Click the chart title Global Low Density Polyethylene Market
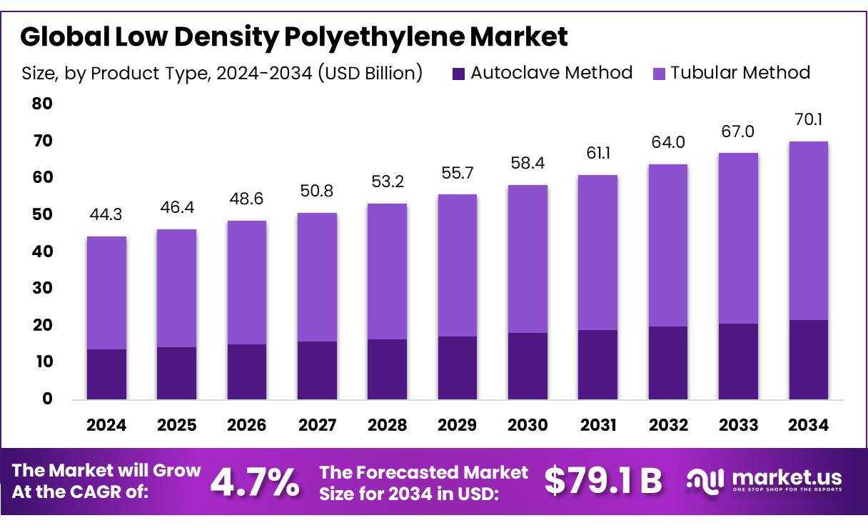pos(293,36)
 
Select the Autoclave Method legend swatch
pos(459,73)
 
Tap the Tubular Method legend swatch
pos(659,73)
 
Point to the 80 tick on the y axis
pos(42,104)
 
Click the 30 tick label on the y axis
pos(42,289)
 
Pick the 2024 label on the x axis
pos(106,426)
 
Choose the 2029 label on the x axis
pos(458,426)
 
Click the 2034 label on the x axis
pos(809,426)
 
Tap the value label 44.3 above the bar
pos(106,214)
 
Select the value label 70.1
pos(809,119)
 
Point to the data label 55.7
pos(458,173)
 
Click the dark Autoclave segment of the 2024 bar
pos(106,374)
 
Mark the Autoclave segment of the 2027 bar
pos(317,370)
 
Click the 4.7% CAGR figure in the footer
pos(255,482)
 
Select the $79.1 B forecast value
pos(603,481)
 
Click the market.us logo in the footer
pos(764,480)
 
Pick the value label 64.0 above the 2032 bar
pos(668,141)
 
